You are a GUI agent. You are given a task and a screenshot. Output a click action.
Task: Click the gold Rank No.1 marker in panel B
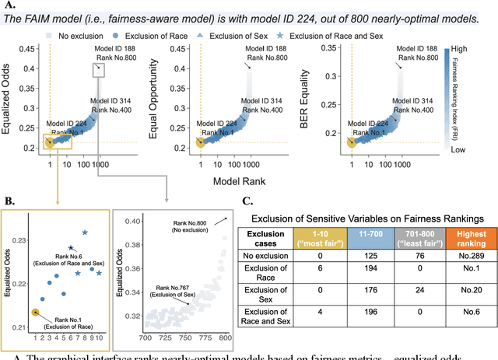tap(34, 311)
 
